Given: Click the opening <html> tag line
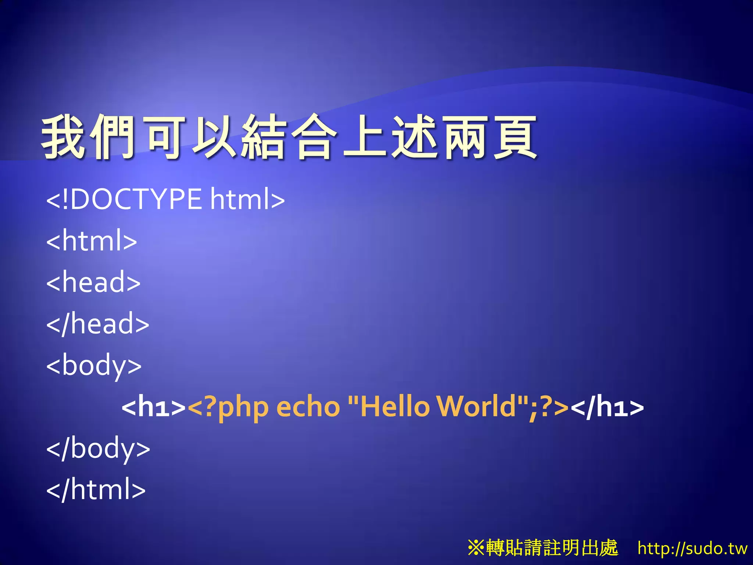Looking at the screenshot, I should click(92, 241).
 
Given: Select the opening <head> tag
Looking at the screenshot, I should click(93, 282).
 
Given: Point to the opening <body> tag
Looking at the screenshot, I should click(94, 365).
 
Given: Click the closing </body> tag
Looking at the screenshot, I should click(98, 448).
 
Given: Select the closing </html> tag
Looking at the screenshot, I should click(96, 490).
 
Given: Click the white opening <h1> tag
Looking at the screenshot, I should click(154, 407).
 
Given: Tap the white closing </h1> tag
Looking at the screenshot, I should click(607, 407).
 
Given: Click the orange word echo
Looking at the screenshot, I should click(308, 407).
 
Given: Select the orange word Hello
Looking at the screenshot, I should click(395, 406).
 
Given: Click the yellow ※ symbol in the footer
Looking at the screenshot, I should click(476, 548).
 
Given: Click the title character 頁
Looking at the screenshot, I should click(514, 137).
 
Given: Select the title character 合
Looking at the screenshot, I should click(314, 137).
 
